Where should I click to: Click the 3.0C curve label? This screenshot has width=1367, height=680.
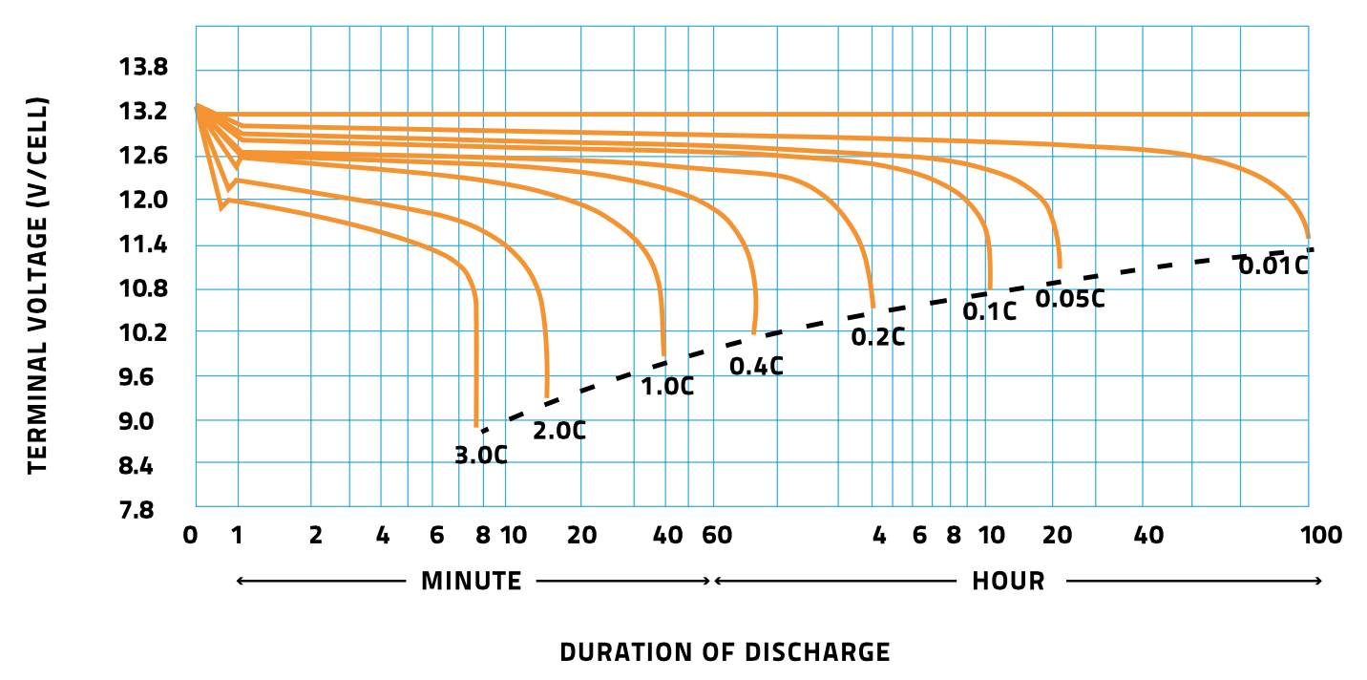click(x=480, y=456)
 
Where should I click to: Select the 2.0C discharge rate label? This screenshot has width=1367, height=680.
click(x=558, y=431)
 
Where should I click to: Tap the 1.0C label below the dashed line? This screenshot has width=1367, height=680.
click(x=666, y=387)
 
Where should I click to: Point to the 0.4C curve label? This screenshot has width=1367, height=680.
click(x=756, y=366)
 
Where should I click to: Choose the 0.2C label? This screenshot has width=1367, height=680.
click(x=877, y=336)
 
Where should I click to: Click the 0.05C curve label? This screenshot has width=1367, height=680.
click(x=1070, y=298)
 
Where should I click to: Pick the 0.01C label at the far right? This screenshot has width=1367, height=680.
click(x=1272, y=266)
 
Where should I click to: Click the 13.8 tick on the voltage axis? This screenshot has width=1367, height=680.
click(x=142, y=68)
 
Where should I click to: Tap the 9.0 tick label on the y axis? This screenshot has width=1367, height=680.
click(x=148, y=421)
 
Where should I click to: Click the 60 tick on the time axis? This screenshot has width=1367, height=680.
click(x=717, y=536)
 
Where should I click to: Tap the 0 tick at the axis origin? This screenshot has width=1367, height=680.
click(x=191, y=536)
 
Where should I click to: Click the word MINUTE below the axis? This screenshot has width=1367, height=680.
click(x=472, y=581)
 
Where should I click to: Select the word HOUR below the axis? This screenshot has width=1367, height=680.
click(x=1008, y=581)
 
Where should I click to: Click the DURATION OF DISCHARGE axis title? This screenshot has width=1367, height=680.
click(x=725, y=652)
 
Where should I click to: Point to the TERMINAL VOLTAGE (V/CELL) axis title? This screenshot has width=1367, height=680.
click(x=36, y=284)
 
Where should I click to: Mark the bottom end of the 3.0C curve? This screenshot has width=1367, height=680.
click(x=476, y=426)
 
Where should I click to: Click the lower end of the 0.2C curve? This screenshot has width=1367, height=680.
click(x=873, y=306)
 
